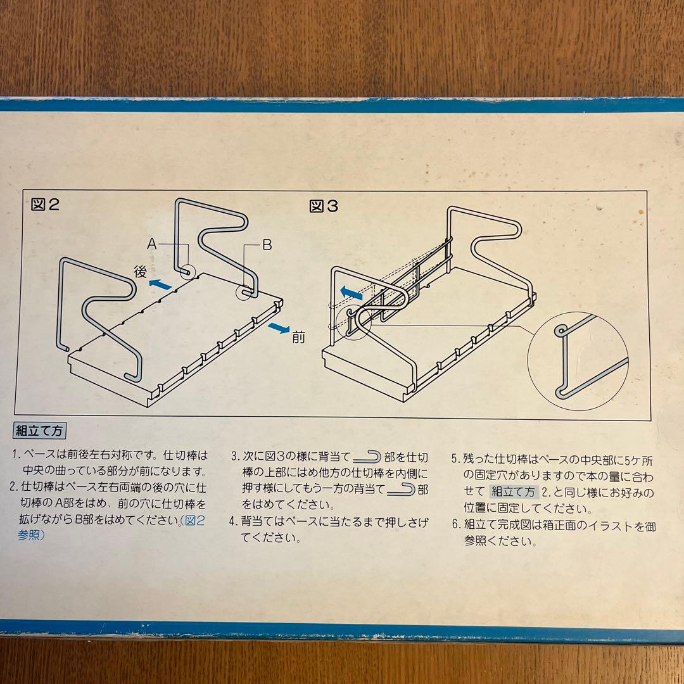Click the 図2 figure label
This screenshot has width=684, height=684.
pyautogui.click(x=45, y=204)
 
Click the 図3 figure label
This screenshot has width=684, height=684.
pyautogui.click(x=323, y=206)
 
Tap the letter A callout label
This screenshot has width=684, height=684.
pyautogui.click(x=151, y=243)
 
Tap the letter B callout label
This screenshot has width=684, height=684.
pyautogui.click(x=267, y=244)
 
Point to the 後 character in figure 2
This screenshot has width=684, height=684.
pyautogui.click(x=140, y=271)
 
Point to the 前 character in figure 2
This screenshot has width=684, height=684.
pyautogui.click(x=298, y=337)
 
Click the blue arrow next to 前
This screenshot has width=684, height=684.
pyautogui.click(x=279, y=327)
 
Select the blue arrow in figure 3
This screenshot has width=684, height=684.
pyautogui.click(x=351, y=292)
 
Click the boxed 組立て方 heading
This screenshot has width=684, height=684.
pyautogui.click(x=39, y=431)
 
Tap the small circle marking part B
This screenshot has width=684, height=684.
pyautogui.click(x=243, y=292)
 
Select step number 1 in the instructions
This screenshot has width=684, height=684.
pyautogui.click(x=16, y=455)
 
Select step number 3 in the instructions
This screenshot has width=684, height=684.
pyautogui.click(x=235, y=457)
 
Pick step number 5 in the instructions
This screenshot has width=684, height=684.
pyautogui.click(x=455, y=459)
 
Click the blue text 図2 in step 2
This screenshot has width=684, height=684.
pyautogui.click(x=194, y=521)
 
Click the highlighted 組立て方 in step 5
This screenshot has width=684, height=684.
pyautogui.click(x=513, y=492)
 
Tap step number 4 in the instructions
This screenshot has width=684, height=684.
pyautogui.click(x=233, y=521)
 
